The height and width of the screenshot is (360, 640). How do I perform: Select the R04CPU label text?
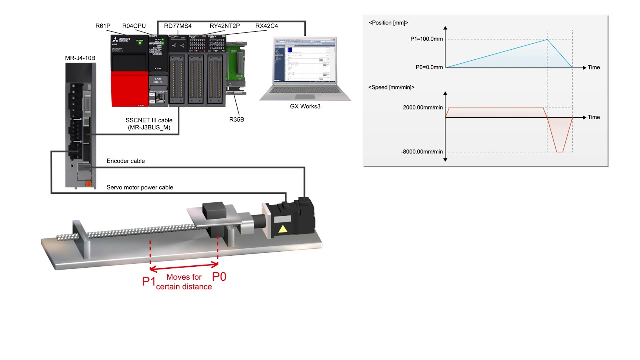point(134,26)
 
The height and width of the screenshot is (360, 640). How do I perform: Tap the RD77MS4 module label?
point(181,26)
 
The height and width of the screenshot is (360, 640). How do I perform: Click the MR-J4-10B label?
point(80,58)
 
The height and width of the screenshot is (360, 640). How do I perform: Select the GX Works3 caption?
point(305,106)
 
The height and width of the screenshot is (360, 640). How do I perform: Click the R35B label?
point(236,120)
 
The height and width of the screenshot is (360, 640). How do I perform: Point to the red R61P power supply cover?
point(128,88)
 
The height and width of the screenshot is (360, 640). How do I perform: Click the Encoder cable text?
point(126,161)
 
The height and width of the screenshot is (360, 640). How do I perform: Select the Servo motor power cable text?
point(140,187)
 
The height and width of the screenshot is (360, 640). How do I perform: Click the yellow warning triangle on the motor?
point(284,230)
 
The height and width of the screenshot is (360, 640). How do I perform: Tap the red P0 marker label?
point(219,276)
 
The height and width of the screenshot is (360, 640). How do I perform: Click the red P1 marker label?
point(149,282)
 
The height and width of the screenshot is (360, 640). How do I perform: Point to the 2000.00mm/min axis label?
point(422,108)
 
